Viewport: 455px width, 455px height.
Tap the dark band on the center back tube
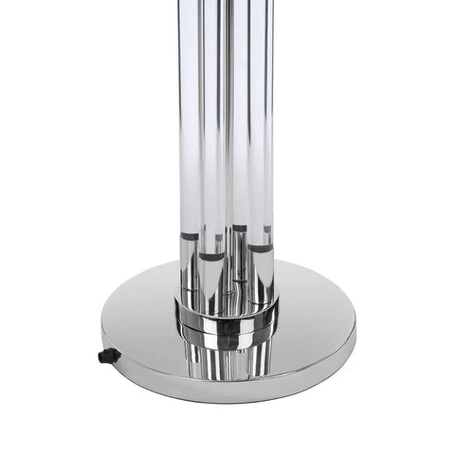click(239, 228)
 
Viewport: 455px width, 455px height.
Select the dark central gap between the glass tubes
click(228, 142)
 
